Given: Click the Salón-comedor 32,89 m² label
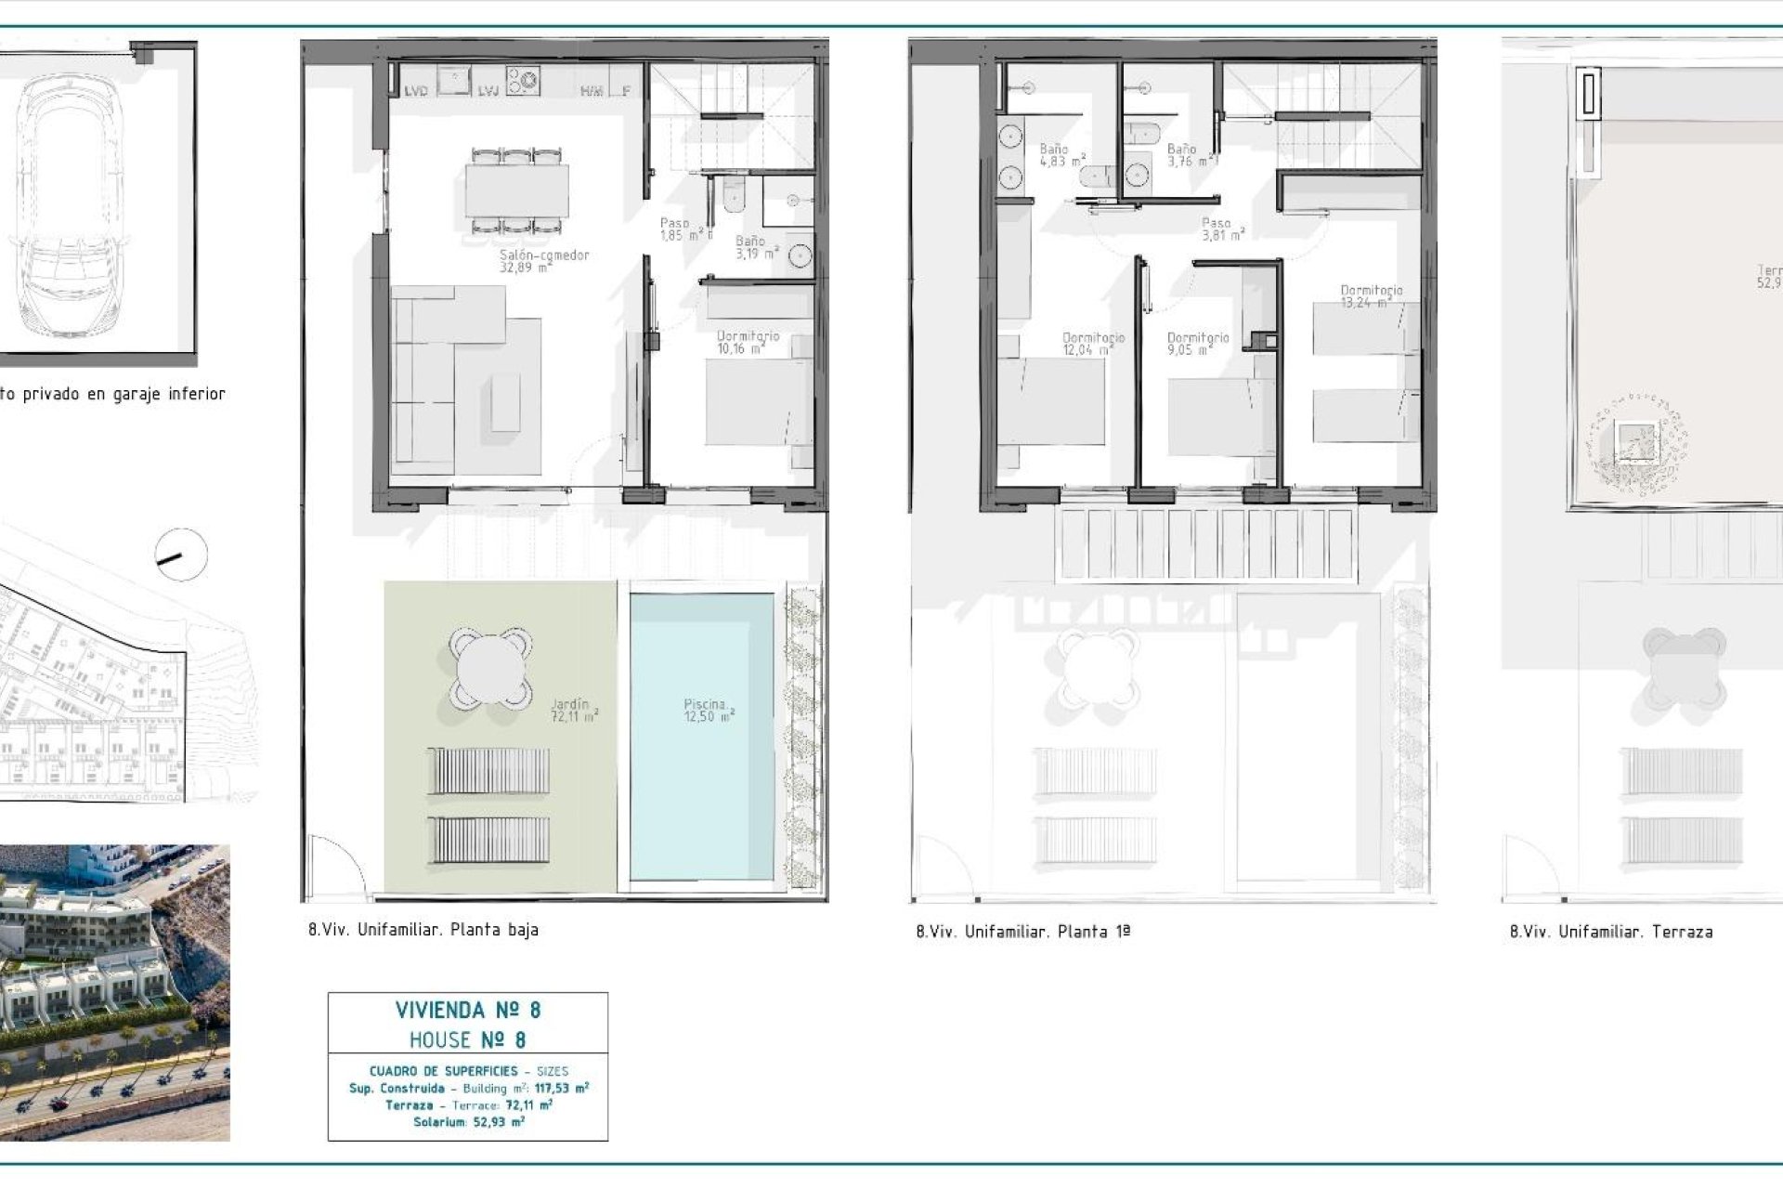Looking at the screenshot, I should (x=544, y=261).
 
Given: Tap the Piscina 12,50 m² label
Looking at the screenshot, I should (x=709, y=711).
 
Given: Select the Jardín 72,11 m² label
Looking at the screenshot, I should (x=574, y=711).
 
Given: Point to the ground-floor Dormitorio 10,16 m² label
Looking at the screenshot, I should (x=748, y=342).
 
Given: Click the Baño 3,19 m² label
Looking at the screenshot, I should (x=754, y=247).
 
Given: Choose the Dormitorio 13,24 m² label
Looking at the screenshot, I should (x=1372, y=296).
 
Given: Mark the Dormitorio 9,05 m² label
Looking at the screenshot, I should (x=1198, y=344).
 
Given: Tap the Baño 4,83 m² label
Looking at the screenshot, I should (x=1061, y=155).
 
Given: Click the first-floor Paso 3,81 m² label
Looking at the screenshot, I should (x=1220, y=229).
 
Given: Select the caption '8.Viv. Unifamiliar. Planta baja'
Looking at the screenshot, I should (x=423, y=930).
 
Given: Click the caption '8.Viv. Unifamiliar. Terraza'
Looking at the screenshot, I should (x=1611, y=932).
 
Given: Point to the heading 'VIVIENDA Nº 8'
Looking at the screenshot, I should (x=468, y=1010).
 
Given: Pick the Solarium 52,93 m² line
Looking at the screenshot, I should (x=468, y=1122).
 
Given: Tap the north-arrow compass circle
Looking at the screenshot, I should (x=181, y=555).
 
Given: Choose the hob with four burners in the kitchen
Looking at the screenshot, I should (x=522, y=80).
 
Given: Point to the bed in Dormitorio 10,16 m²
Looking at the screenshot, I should (x=757, y=402).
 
